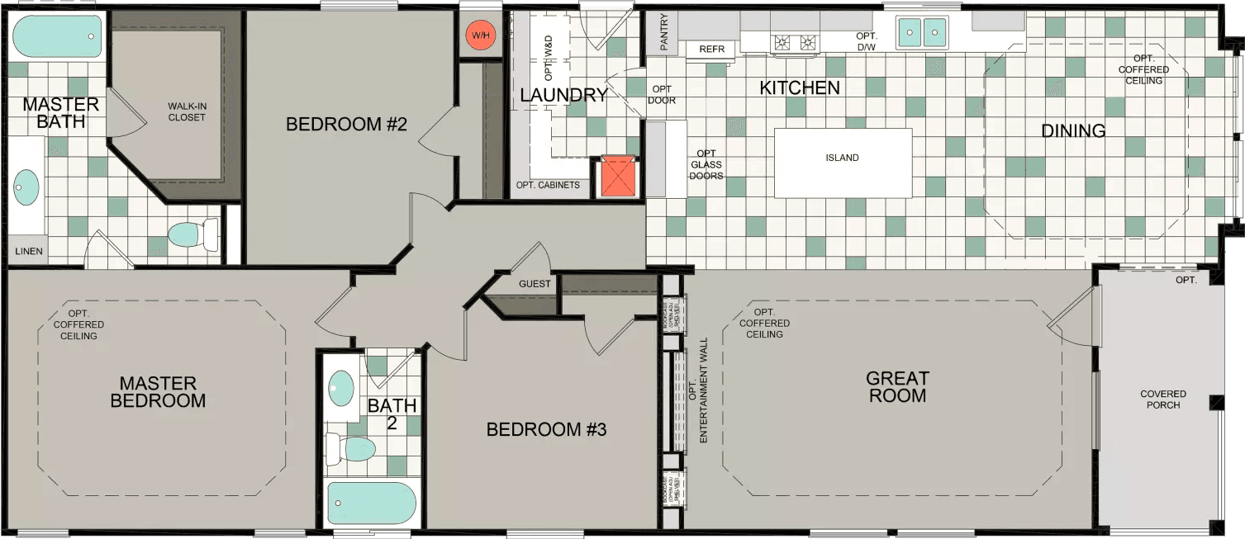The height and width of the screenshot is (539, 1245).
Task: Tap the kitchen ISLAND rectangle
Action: (x=843, y=162)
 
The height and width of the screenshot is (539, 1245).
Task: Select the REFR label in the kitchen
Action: (x=711, y=50)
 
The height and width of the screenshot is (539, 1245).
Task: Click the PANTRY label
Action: (x=664, y=33)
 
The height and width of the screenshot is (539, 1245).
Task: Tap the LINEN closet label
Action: (x=28, y=251)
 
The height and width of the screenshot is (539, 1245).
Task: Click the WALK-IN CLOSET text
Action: (x=187, y=111)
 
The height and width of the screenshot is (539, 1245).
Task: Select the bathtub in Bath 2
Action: (x=371, y=504)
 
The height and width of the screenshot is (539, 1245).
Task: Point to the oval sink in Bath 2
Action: (x=340, y=386)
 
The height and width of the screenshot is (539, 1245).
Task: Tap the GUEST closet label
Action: (x=535, y=284)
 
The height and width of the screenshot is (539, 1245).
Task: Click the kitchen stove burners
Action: (x=794, y=43)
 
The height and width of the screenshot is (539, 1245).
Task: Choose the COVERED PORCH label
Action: (x=1163, y=400)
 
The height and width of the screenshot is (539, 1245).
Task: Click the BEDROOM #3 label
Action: (x=547, y=430)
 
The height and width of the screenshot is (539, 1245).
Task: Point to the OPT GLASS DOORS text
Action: (x=706, y=164)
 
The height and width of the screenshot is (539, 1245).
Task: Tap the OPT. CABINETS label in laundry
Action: (x=548, y=185)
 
